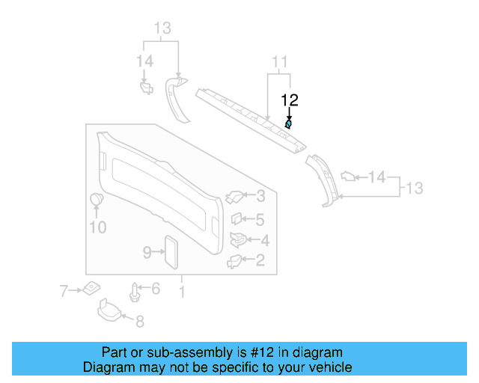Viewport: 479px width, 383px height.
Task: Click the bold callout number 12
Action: click(x=290, y=99)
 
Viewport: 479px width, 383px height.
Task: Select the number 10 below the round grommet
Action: click(x=97, y=227)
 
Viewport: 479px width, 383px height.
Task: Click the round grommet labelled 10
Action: click(x=97, y=200)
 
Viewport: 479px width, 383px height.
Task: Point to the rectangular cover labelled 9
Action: click(x=171, y=252)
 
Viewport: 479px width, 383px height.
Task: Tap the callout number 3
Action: click(x=260, y=197)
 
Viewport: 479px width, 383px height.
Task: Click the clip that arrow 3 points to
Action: click(x=234, y=197)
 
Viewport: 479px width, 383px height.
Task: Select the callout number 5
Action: click(x=260, y=220)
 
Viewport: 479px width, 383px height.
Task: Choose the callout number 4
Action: click(x=264, y=240)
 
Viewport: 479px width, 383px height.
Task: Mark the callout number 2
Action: click(x=260, y=260)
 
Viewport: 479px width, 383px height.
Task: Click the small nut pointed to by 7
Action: click(x=91, y=287)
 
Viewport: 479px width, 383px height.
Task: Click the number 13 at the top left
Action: click(x=162, y=28)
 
